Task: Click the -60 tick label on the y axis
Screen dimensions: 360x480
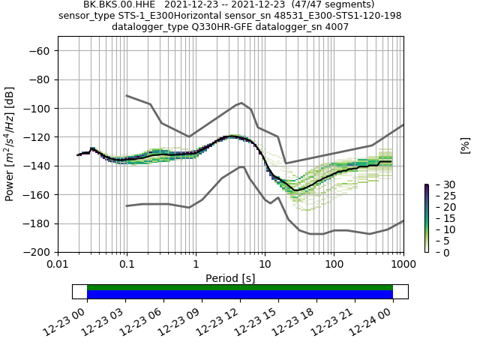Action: [39, 50]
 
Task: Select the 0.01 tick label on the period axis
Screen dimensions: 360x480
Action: [58, 265]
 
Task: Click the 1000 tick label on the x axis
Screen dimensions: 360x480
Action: [403, 265]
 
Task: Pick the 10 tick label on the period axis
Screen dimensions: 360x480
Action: [265, 265]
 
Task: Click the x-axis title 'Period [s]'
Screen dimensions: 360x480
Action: [230, 278]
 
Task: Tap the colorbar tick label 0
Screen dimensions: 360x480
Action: [436, 252]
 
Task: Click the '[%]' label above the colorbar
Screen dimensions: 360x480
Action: [465, 145]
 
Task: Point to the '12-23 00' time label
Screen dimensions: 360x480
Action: [65, 319]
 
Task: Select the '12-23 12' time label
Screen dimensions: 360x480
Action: [218, 319]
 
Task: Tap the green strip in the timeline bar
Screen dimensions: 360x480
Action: [240, 287]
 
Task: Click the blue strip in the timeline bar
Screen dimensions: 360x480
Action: [240, 295]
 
